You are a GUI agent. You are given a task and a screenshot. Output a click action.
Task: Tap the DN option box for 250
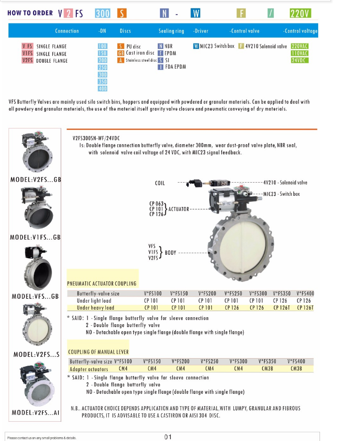tap(102, 67)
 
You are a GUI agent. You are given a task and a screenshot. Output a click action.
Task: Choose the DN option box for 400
tap(102, 88)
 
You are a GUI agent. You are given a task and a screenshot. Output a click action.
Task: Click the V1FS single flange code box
tap(27, 53)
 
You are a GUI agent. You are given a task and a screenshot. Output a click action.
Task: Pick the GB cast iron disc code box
tap(120, 53)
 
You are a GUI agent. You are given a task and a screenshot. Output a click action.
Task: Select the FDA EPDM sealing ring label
tap(175, 67)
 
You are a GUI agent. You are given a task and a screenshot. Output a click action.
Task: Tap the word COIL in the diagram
tap(160, 183)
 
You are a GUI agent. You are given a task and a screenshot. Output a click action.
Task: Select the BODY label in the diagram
tap(170, 253)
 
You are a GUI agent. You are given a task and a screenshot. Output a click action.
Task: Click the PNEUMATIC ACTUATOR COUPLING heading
tap(102, 283)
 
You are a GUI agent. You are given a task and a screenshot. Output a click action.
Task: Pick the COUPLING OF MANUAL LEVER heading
tap(98, 352)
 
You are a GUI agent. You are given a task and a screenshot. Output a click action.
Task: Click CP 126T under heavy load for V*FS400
tap(305, 308)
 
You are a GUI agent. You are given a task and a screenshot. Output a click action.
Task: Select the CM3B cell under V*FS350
tap(267, 369)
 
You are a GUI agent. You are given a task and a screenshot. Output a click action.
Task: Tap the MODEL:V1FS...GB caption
tap(35, 237)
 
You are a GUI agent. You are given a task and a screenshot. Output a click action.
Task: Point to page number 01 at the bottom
tap(168, 437)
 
